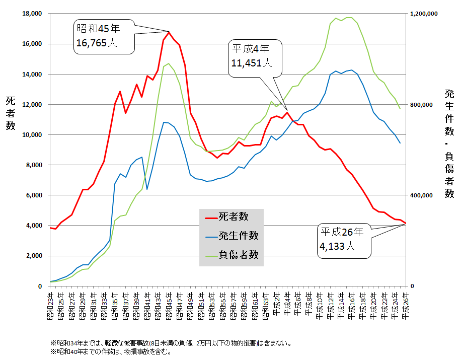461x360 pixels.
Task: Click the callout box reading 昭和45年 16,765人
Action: tap(104, 36)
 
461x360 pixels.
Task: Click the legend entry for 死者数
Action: tap(232, 217)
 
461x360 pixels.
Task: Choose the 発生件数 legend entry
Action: tap(232, 236)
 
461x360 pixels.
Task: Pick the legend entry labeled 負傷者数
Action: tap(232, 254)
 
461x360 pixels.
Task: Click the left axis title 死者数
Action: tap(10, 113)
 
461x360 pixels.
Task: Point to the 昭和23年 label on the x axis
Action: tap(50, 305)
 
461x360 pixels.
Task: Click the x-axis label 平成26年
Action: tap(406, 305)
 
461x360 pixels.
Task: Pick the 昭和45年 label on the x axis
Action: tap(169, 305)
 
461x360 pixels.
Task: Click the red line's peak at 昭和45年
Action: tap(169, 32)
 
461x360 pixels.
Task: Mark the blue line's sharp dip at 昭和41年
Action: tap(146, 189)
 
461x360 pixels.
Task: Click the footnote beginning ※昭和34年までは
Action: tap(171, 343)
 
